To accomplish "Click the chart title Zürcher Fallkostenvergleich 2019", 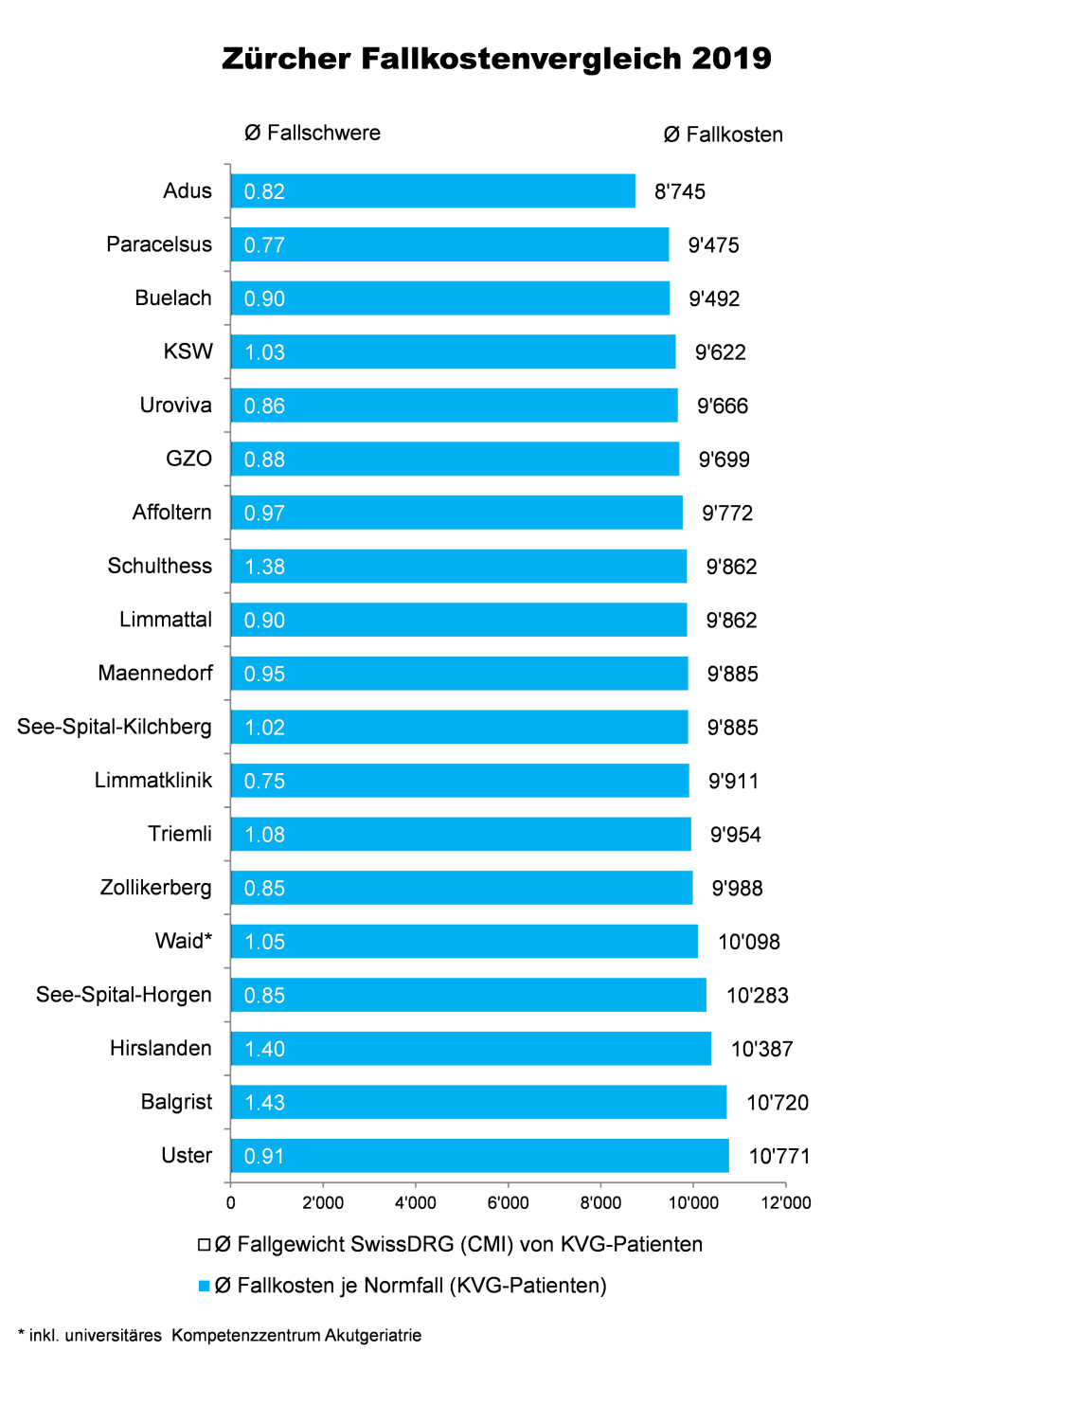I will point(496,59).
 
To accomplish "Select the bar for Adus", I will point(433,191).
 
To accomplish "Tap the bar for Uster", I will point(479,1156).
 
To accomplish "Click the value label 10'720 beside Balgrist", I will point(778,1103).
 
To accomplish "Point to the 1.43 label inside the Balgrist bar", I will point(264,1103).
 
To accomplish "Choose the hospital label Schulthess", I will point(159,567).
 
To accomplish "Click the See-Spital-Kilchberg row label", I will point(115,728).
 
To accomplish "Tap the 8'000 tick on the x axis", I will point(600,1203).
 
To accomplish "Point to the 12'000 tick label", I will point(786,1203).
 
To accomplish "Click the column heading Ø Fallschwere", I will point(313,134).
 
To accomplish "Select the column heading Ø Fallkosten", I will point(724,135).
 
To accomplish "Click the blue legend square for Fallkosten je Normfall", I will point(204,1286).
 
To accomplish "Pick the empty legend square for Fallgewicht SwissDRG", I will point(204,1244).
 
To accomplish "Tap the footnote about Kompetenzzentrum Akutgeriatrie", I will point(220,1336).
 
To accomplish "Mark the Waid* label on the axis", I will point(184,942).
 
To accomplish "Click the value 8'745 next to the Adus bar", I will point(680,192).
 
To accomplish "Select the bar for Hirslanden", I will point(471,1049).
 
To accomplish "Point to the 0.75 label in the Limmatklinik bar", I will point(264,782).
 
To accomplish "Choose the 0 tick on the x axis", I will point(231,1203).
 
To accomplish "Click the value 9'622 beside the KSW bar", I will point(721,352).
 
